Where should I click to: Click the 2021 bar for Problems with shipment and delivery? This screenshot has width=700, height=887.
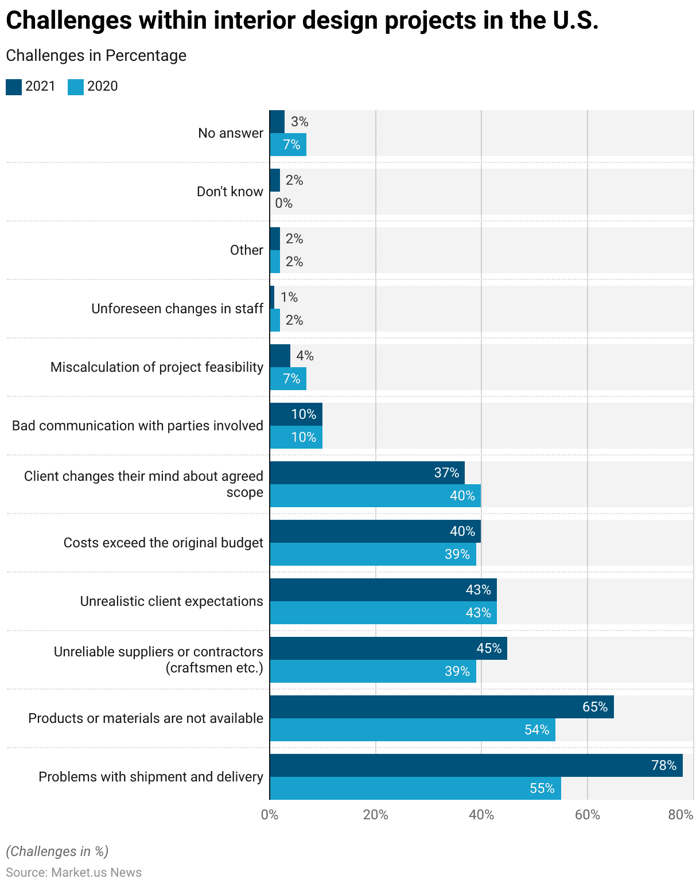pos(476,765)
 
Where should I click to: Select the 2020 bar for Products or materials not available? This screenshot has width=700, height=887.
pos(413,730)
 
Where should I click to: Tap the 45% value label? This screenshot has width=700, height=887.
pos(489,648)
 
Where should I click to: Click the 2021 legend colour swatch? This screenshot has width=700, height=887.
pos(14,87)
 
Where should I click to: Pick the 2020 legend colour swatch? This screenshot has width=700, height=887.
pos(76,87)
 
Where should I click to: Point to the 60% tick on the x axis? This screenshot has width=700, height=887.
pos(587,815)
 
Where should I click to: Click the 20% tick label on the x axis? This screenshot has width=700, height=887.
pos(375,815)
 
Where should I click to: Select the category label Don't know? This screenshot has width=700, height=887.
pos(230,192)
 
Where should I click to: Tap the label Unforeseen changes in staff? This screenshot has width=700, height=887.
pos(177,309)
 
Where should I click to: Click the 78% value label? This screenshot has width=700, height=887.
pos(664,765)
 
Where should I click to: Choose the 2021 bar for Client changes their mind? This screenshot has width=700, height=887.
pos(367,473)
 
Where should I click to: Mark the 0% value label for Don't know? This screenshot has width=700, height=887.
pos(283,203)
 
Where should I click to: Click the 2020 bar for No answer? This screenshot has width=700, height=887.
pos(288,145)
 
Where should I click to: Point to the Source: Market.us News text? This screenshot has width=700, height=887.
pos(73,873)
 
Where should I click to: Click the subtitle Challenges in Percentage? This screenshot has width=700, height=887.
pos(96,56)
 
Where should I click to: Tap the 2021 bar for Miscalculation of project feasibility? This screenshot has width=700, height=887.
pos(280,356)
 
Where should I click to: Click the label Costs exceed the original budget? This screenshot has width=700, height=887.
pos(163,543)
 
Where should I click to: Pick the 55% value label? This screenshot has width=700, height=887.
pos(542,788)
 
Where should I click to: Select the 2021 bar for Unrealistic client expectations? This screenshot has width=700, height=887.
pos(383,590)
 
